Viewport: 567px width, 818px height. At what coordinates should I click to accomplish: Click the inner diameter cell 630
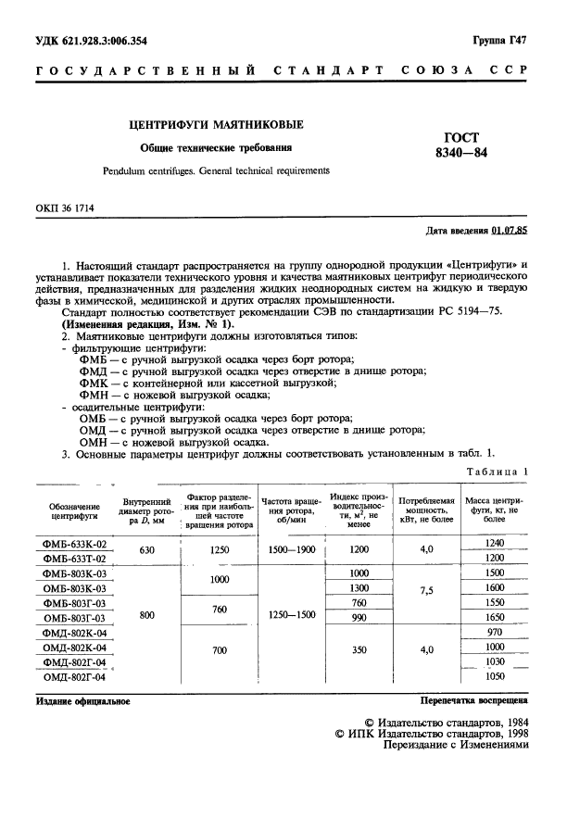pyautogui.click(x=146, y=550)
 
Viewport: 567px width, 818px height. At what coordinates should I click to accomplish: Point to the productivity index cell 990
pyautogui.click(x=359, y=617)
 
